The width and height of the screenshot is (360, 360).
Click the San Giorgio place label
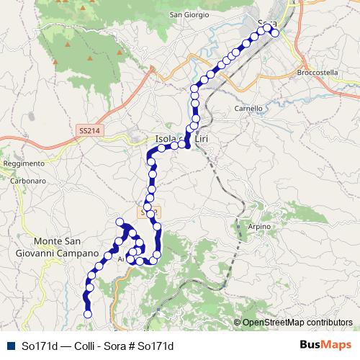point(189,14)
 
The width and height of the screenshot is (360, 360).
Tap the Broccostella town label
point(317,73)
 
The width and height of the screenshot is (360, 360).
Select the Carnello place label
point(248,109)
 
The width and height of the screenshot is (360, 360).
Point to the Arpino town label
point(258,227)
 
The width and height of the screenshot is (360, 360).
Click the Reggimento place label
point(18,163)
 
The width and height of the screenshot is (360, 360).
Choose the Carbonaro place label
point(28,181)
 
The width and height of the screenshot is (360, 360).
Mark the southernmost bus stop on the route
point(88,314)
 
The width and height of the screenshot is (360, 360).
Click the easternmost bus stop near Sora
point(274,33)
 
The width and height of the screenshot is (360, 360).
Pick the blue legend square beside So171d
point(9,345)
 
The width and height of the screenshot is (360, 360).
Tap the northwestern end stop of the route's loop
point(120,222)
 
